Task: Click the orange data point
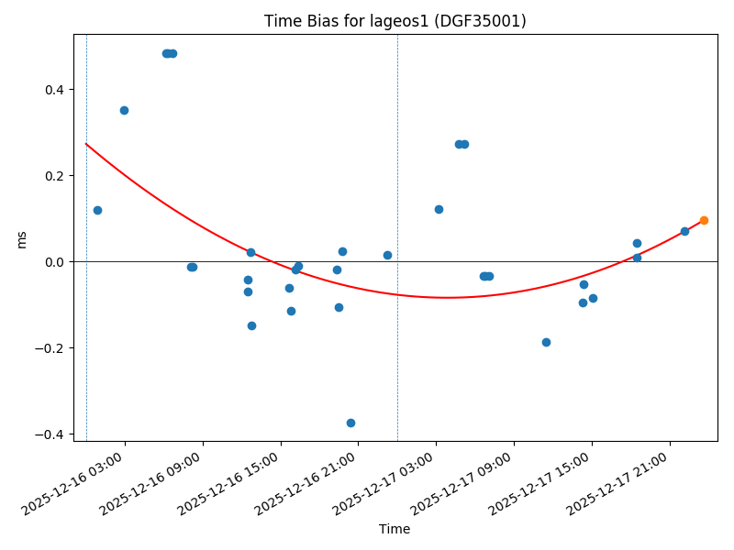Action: pos(704,220)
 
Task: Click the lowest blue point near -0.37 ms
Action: pos(350,423)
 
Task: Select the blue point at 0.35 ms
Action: pos(124,110)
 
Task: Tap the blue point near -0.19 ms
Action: pos(546,342)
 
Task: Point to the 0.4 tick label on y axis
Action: pos(56,90)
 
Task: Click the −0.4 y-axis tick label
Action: pos(52,434)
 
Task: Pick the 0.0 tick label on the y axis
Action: pos(56,262)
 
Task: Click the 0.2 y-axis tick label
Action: pos(56,176)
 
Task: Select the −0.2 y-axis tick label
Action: pos(52,348)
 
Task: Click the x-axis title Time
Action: pos(395,529)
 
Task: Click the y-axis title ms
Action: pos(21,238)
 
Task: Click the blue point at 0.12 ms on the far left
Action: pos(97,210)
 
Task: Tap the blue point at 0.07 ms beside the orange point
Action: pos(684,231)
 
